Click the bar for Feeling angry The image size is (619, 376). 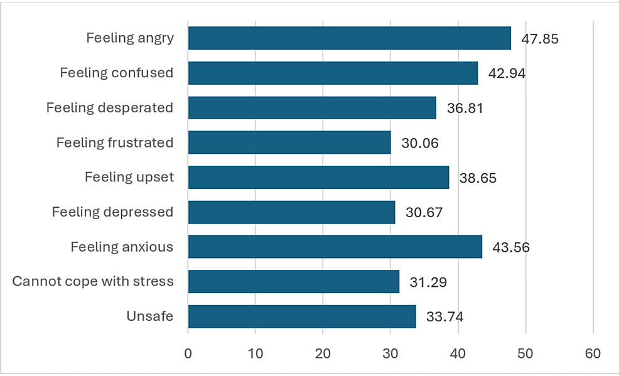tap(349, 38)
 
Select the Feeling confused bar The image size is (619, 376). tap(333, 73)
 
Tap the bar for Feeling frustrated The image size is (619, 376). tap(289, 142)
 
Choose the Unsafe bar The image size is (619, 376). tap(302, 316)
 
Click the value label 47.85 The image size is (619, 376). tap(540, 39)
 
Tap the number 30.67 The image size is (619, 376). tap(424, 212)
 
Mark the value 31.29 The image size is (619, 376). tap(428, 282)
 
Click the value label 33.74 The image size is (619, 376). tap(444, 316)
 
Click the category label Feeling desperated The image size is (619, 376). tap(109, 108)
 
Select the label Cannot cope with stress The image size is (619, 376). tap(93, 281)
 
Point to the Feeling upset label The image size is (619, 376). tap(129, 178)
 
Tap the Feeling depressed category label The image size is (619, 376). tap(112, 212)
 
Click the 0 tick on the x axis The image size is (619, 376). tap(188, 354)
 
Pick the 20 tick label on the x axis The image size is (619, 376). tap(323, 354)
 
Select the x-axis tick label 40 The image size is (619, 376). tap(458, 354)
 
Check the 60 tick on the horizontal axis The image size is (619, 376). tap(593, 354)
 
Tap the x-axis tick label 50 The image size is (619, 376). tap(525, 354)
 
